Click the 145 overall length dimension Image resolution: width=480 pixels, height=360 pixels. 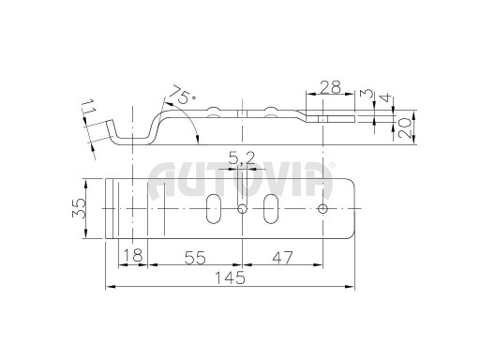pos(231,278)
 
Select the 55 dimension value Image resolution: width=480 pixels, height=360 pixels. pos(195,258)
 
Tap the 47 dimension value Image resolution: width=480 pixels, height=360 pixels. pos(282,258)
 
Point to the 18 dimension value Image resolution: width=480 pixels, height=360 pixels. pos(133,255)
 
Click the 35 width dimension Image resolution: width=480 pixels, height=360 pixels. pos(79,208)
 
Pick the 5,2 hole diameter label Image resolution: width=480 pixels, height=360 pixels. pos(242,158)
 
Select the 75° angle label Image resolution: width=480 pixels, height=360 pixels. pos(183,94)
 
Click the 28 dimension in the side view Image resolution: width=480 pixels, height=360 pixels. pos(331,87)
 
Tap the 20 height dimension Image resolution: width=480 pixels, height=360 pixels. pos(405,128)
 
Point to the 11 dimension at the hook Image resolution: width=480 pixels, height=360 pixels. pos(90,107)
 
